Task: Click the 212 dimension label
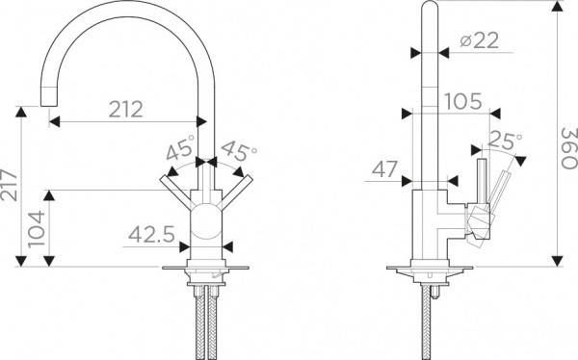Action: [x=126, y=110]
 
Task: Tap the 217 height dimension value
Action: [x=9, y=185]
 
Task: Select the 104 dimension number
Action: [x=37, y=229]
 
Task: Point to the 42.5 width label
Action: [x=151, y=235]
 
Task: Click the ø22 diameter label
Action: [x=480, y=40]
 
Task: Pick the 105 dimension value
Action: [x=463, y=102]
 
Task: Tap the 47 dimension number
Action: [x=384, y=169]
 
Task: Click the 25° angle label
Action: [x=505, y=141]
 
